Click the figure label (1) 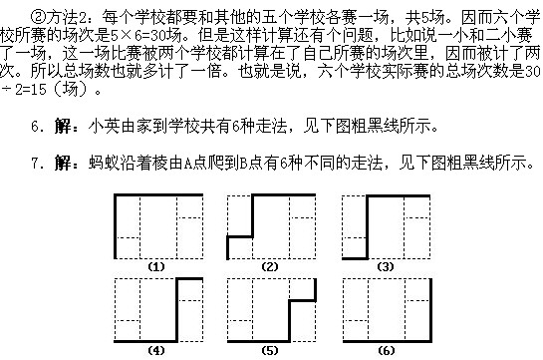pos(155,267)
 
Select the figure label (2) pos(269,267)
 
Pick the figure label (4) pos(155,351)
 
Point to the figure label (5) pos(269,351)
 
